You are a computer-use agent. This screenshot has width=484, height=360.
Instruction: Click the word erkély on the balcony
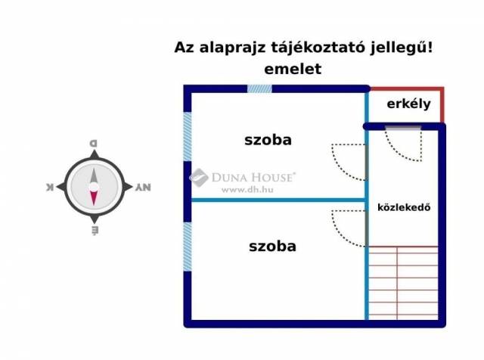click(408, 104)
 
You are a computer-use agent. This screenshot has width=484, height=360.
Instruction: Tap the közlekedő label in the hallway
click(404, 207)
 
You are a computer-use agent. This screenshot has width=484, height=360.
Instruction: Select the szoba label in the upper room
click(268, 140)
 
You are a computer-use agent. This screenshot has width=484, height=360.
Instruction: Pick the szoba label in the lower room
click(272, 247)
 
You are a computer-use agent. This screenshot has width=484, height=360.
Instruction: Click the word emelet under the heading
click(293, 69)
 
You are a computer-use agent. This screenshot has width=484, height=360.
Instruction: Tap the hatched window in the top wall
click(259, 89)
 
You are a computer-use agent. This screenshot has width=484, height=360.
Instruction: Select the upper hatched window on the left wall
click(188, 136)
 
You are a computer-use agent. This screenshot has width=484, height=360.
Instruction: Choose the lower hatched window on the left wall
click(188, 247)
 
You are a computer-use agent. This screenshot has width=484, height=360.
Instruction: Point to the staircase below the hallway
click(403, 283)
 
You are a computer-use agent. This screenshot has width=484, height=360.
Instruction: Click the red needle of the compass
click(94, 197)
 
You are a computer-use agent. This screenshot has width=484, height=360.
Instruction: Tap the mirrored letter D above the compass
click(93, 143)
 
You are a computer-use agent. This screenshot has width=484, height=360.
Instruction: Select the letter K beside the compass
click(50, 187)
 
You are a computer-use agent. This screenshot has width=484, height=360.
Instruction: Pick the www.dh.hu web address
click(247, 190)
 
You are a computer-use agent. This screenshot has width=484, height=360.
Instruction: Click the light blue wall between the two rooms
click(278, 200)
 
